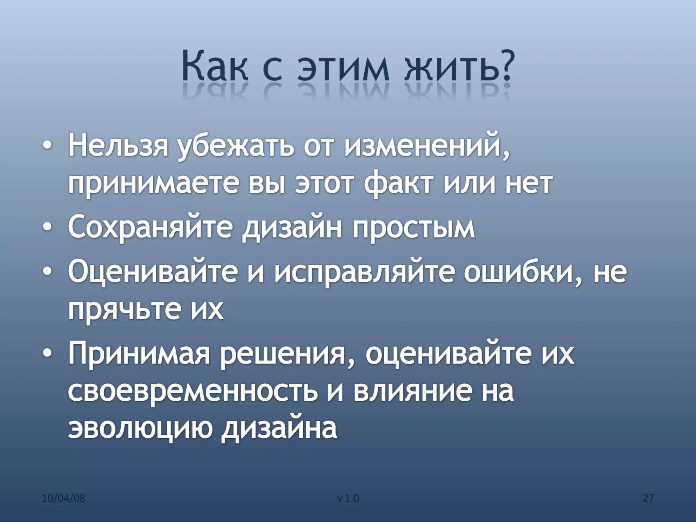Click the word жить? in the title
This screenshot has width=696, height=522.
pos(457,67)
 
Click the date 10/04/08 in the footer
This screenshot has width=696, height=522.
pos(64,499)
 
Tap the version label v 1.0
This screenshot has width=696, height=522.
pos(348,499)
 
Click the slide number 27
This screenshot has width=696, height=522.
pos(648,499)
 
